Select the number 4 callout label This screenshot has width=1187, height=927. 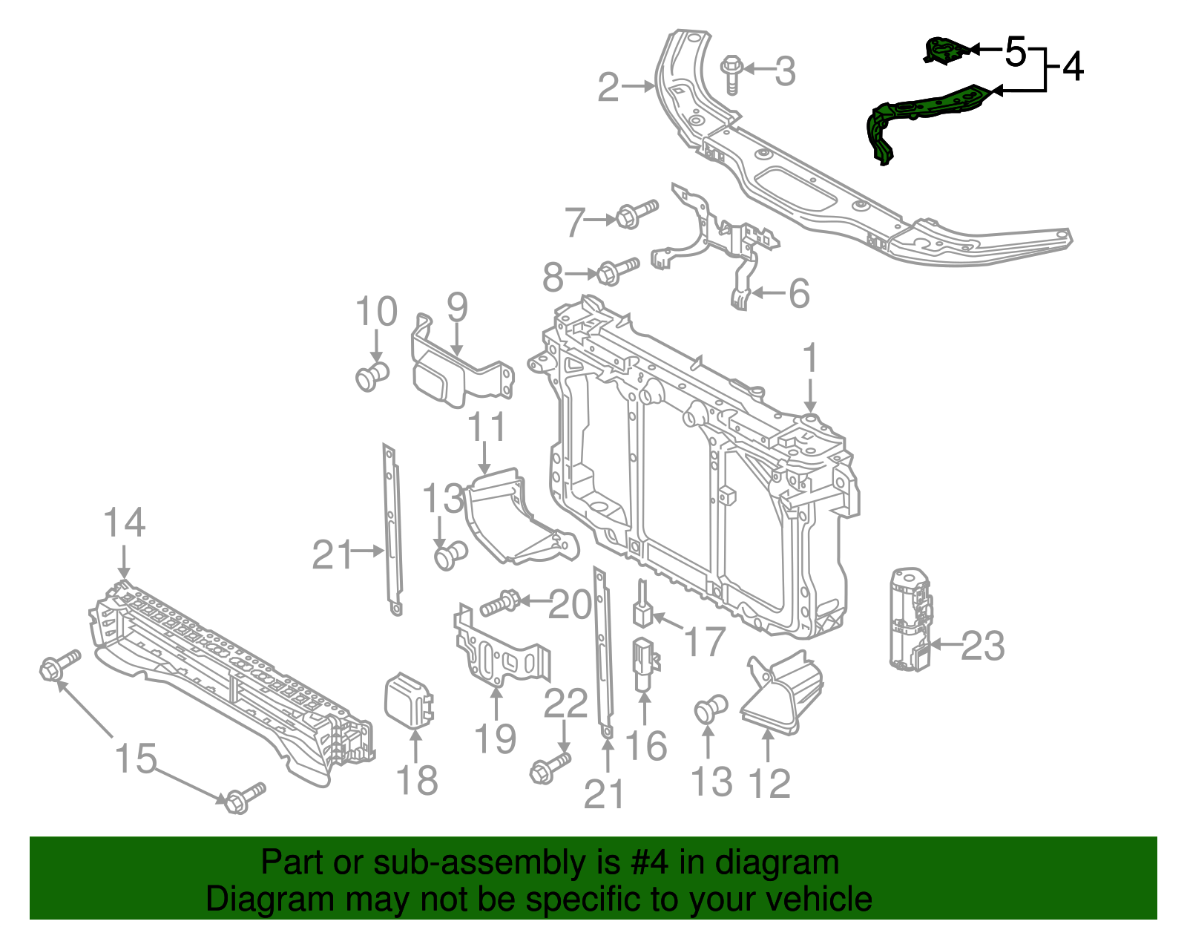coord(1073,67)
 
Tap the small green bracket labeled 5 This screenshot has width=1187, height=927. coord(945,50)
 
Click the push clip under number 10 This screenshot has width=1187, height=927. coord(372,376)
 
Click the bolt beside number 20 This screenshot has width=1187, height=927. coord(502,602)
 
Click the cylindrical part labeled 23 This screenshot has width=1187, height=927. coord(910,619)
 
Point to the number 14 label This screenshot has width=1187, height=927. coord(124,523)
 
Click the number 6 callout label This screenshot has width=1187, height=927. coord(798,294)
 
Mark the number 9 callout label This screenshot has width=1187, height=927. coord(457,307)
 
